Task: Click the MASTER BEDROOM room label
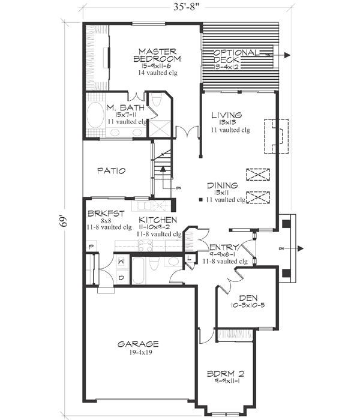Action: (x=157, y=55)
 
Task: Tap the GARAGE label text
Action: (x=138, y=344)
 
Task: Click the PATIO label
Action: (x=112, y=171)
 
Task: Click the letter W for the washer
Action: (x=121, y=261)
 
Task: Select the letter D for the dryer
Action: (x=121, y=277)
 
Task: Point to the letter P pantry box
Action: (x=91, y=247)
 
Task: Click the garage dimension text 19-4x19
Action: (x=138, y=353)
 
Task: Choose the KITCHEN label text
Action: (x=158, y=220)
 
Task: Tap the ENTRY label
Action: (x=225, y=247)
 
